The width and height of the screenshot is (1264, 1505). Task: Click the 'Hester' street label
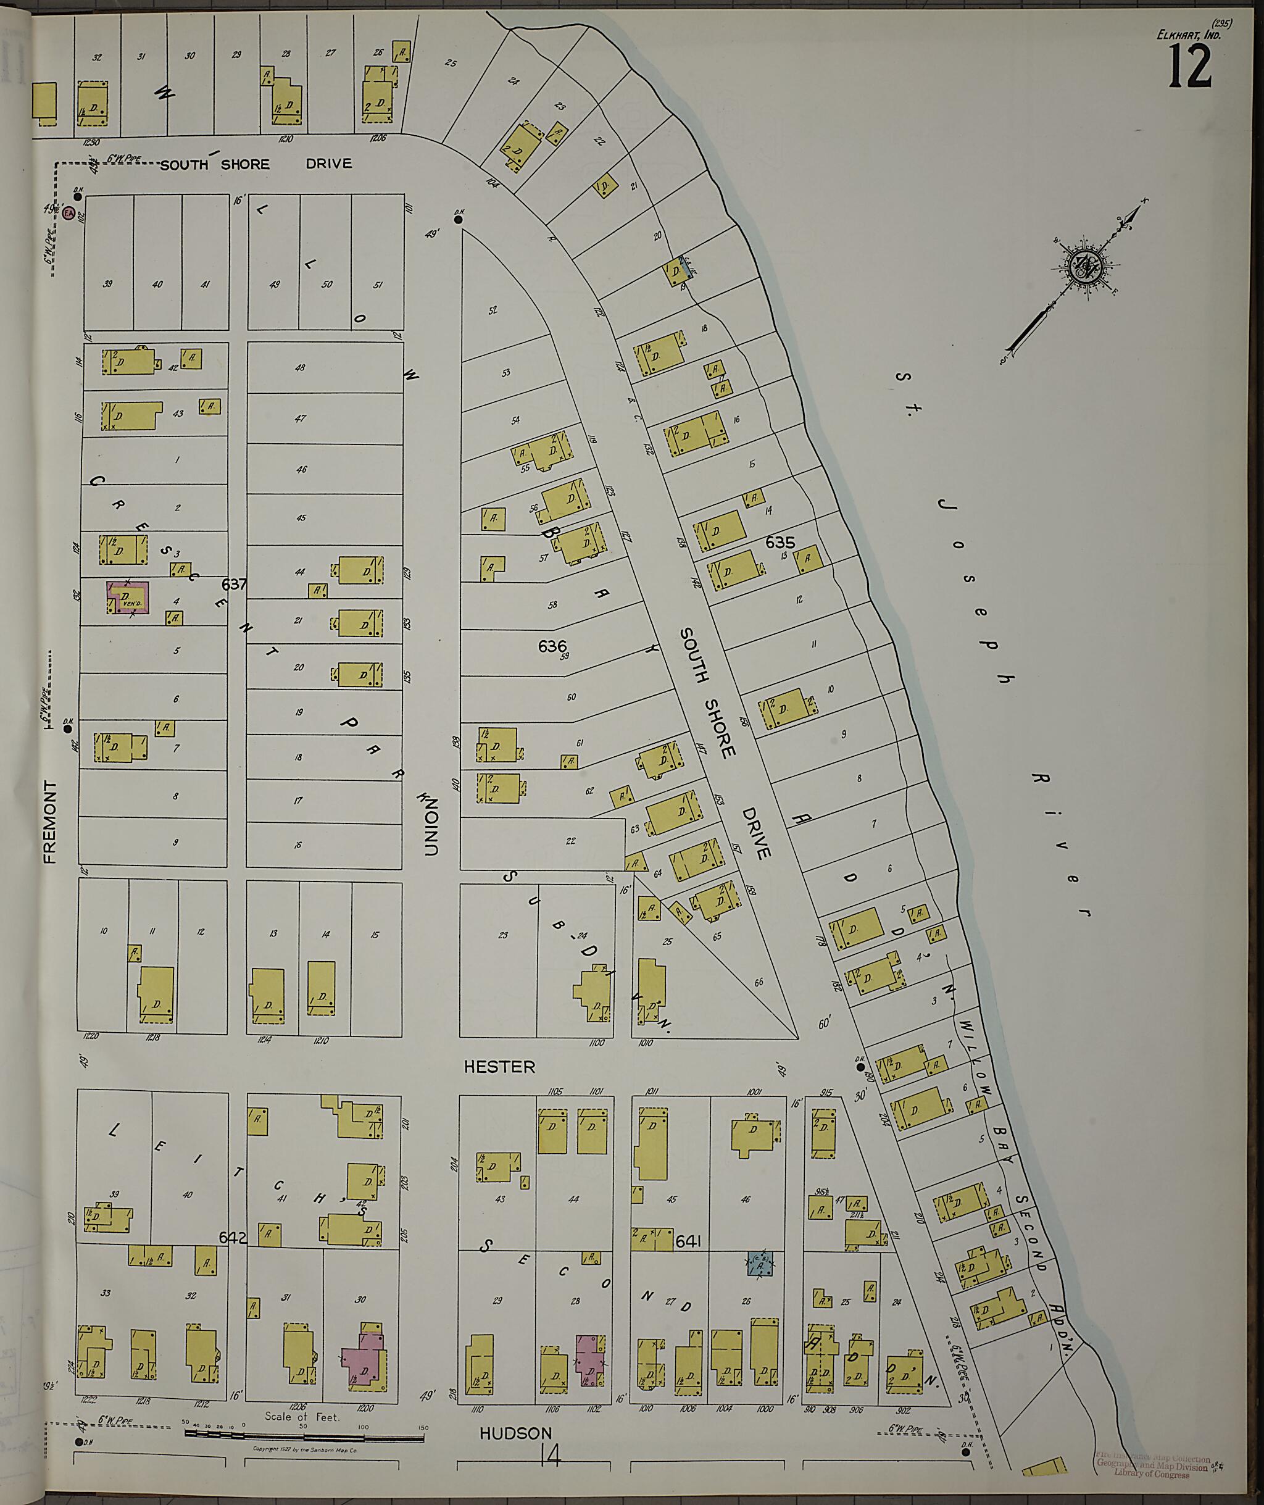click(x=499, y=1067)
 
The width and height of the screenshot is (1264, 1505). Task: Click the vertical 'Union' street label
click(x=430, y=823)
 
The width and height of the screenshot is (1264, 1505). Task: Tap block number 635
click(x=780, y=543)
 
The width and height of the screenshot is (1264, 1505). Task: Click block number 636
click(x=552, y=646)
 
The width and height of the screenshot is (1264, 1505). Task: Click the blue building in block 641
click(x=760, y=1264)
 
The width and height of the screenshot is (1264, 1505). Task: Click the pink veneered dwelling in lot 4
click(x=128, y=597)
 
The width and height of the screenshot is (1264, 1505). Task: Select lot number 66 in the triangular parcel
click(x=759, y=983)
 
